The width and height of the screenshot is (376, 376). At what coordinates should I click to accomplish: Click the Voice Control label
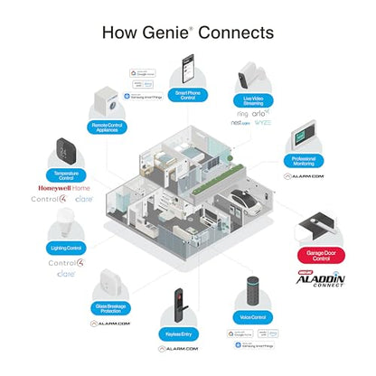251,318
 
